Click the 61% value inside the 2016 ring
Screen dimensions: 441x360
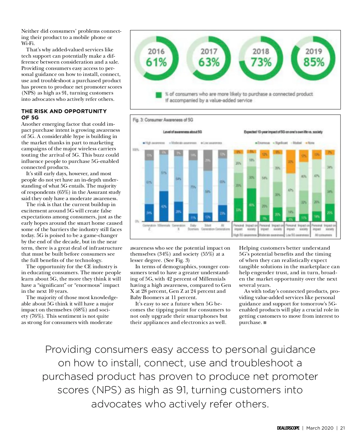point(156,62)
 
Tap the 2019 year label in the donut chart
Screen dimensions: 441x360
point(313,52)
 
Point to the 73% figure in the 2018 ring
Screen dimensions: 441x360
point(261,62)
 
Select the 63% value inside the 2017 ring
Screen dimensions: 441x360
point(209,62)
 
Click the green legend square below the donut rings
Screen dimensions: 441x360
point(159,95)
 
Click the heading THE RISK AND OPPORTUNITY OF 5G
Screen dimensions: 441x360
point(64,114)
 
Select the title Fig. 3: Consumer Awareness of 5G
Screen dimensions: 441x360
point(163,120)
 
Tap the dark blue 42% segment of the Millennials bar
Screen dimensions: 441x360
point(164,206)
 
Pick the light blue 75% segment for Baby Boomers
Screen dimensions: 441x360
point(193,187)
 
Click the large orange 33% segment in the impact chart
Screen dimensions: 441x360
point(290,162)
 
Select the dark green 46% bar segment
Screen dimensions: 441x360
point(251,205)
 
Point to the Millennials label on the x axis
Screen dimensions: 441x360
point(164,225)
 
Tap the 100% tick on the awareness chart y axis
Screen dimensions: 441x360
point(136,149)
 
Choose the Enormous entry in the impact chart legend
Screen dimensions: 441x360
point(263,143)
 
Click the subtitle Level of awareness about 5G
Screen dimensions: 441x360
point(182,132)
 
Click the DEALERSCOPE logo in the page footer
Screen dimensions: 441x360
point(288,428)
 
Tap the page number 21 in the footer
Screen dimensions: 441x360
point(342,428)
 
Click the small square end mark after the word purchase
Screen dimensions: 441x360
point(265,323)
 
